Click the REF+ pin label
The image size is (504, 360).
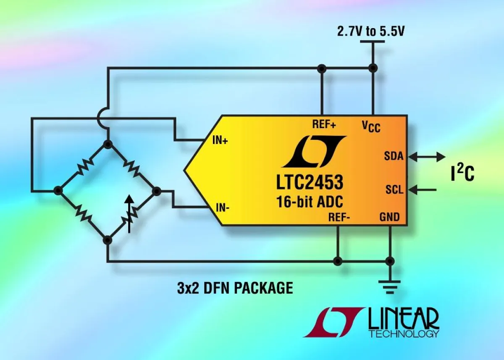pos(324,124)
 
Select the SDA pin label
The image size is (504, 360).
pos(394,156)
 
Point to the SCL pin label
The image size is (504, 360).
pos(394,190)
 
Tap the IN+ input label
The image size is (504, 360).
pos(220,141)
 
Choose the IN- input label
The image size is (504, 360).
pos(222,207)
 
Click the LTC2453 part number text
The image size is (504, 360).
pos(310,183)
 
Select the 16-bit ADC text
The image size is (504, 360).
pos(310,202)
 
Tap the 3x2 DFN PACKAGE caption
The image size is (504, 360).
pos(234,288)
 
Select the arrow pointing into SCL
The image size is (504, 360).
pos(422,190)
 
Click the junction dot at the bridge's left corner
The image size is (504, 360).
pos(58,191)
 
